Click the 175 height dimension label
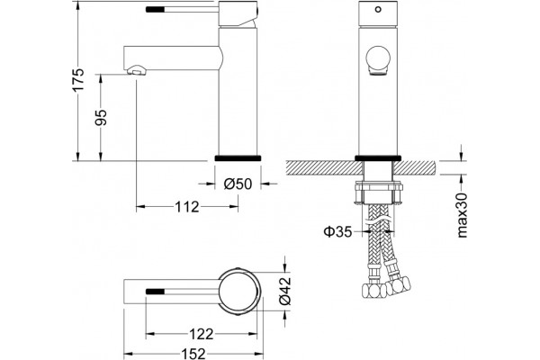(78, 79)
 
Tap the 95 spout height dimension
(101, 118)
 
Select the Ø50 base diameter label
(238, 184)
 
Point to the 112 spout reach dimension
(187, 207)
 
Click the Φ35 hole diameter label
(337, 231)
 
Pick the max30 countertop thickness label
(463, 215)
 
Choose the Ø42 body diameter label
(285, 291)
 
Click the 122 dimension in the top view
(202, 334)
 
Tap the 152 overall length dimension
(193, 354)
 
